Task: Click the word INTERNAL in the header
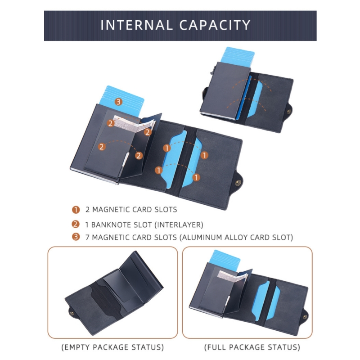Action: [137, 25]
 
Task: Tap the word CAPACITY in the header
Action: [215, 25]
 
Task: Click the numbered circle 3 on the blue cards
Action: [118, 102]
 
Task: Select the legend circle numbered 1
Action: [76, 210]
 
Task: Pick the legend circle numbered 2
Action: [76, 224]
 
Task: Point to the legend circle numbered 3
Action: [76, 237]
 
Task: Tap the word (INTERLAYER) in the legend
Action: [179, 225]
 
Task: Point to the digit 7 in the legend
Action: [87, 237]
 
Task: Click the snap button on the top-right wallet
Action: [289, 112]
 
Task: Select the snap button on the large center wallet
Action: [238, 183]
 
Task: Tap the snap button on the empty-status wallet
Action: [72, 313]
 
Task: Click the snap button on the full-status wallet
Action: [305, 317]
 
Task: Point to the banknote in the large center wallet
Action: [133, 125]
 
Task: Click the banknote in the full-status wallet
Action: [232, 277]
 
